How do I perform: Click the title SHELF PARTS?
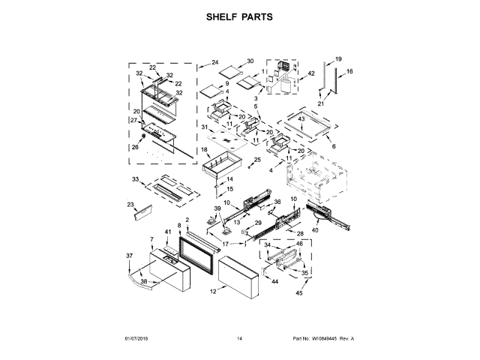[240, 16]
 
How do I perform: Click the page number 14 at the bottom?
[239, 339]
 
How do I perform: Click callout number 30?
[250, 61]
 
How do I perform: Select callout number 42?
[310, 74]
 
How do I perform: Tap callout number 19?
[338, 58]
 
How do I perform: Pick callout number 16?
[349, 71]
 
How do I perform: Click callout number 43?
[301, 118]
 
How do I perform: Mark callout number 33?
[136, 179]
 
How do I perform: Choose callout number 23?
[130, 204]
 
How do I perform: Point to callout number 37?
[128, 256]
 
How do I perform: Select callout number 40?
[315, 231]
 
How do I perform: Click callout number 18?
[204, 150]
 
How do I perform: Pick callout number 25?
[257, 159]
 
